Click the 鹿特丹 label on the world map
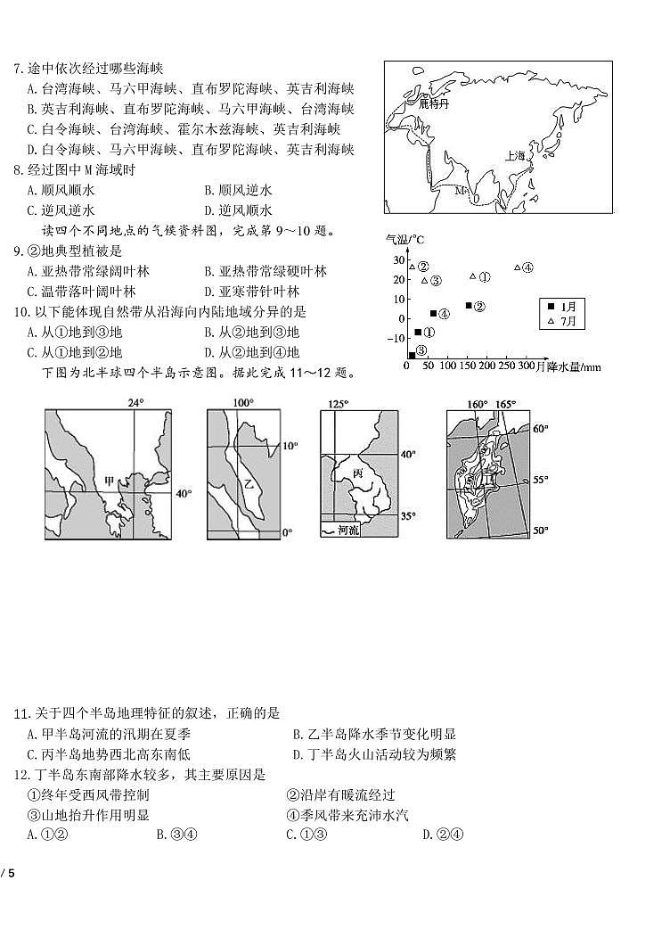point(437,103)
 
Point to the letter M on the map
point(460,191)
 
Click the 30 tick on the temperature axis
point(398,259)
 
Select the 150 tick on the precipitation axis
point(468,366)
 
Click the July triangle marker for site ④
point(518,267)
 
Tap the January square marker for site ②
point(469,306)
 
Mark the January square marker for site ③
point(412,354)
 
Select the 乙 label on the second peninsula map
point(249,487)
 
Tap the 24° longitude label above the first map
point(135,402)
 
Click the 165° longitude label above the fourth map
point(506,404)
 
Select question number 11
point(21,713)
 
